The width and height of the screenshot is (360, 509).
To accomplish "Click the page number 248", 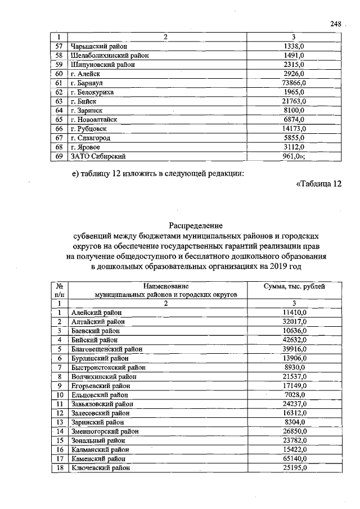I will [x=336, y=24].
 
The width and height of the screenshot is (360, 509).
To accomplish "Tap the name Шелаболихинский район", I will [x=109, y=56].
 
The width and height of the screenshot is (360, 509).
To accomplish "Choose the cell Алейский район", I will [x=96, y=312].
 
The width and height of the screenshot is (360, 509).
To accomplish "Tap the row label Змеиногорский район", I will [x=105, y=431].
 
